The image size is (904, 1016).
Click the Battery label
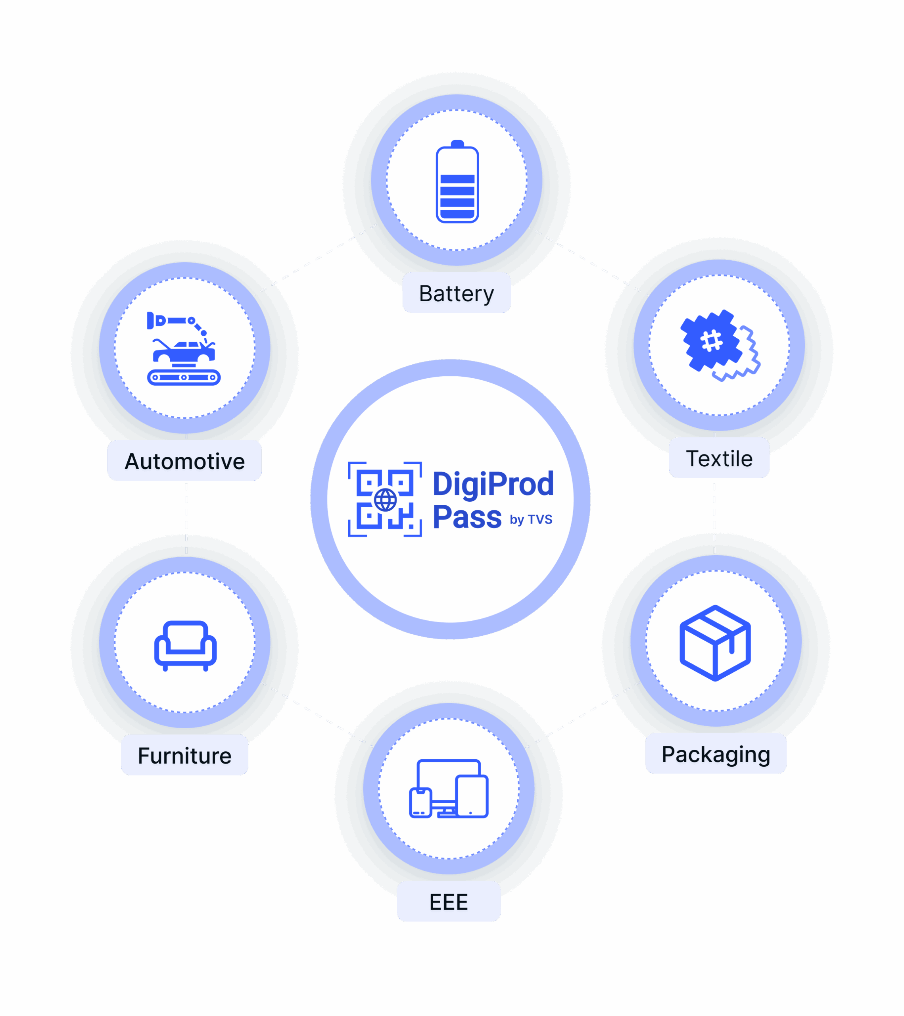457,294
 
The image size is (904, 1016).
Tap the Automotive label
185,461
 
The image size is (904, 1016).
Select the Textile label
719,458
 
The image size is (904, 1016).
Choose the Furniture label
185,756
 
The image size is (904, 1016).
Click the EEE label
449,902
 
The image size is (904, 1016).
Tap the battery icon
457,181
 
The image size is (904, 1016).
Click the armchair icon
185,646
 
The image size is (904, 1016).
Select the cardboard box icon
715,643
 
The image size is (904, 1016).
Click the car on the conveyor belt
184,351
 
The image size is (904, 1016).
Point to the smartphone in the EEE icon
420,803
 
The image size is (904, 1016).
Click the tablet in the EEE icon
472,796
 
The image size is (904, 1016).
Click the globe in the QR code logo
386,500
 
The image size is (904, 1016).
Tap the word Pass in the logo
467,517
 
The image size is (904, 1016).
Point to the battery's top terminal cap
457,144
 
